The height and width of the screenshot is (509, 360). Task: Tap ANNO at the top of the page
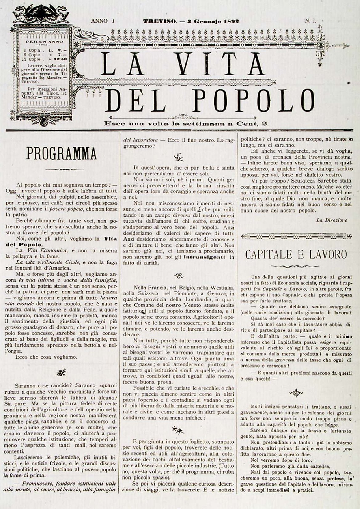coord(99,21)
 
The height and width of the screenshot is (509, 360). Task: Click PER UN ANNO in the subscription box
coord(44,41)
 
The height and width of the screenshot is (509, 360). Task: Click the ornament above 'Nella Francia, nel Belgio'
coord(178,275)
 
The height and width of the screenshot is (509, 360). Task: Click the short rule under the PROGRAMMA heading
coord(62,169)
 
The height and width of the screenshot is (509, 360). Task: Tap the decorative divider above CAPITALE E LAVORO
coord(297,236)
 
